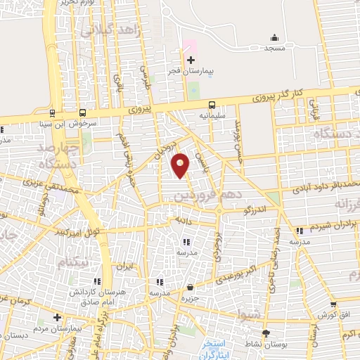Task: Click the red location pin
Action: (x=181, y=164)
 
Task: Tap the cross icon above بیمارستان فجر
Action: (x=191, y=60)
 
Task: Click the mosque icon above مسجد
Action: (x=274, y=37)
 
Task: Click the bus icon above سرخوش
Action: (x=83, y=112)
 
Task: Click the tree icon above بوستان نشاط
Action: (x=265, y=333)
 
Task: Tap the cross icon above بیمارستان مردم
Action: (x=58, y=317)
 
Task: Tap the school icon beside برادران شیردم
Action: (x=300, y=230)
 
